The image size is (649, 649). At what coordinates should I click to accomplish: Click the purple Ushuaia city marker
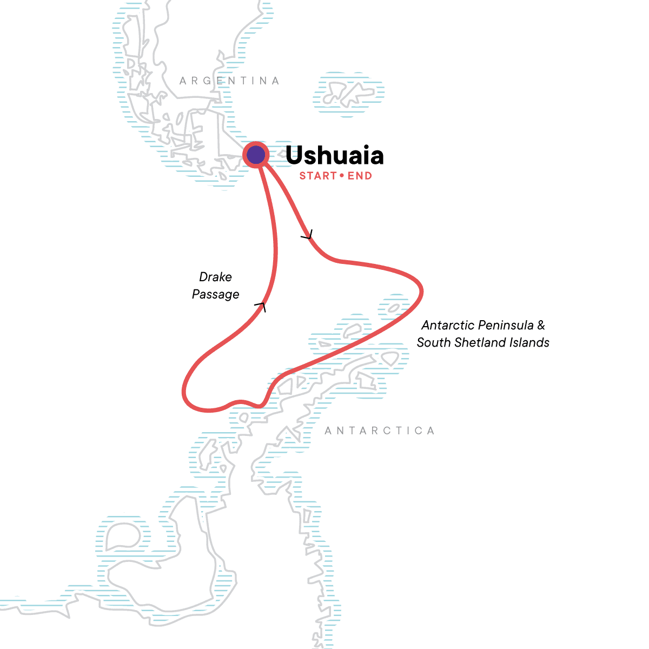pyautogui.click(x=256, y=155)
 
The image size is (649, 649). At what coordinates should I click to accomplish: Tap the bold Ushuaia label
pyautogui.click(x=334, y=156)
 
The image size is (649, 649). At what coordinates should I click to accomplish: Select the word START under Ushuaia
pyautogui.click(x=318, y=176)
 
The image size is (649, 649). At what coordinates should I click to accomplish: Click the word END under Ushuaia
pyautogui.click(x=360, y=176)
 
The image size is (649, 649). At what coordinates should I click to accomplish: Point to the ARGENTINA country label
pyautogui.click(x=229, y=81)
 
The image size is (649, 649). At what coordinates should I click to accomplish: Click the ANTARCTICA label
pyautogui.click(x=380, y=431)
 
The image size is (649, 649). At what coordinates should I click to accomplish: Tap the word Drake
pyautogui.click(x=215, y=277)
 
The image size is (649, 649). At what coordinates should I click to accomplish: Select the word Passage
pyautogui.click(x=215, y=295)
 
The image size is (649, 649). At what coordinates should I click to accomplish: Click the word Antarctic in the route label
pyautogui.click(x=448, y=325)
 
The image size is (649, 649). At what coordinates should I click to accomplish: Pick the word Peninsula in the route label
pyautogui.click(x=506, y=325)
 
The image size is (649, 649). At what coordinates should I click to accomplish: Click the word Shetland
pyautogui.click(x=482, y=342)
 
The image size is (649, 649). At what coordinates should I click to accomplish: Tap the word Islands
pyautogui.click(x=531, y=342)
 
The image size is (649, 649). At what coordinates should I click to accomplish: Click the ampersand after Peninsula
pyautogui.click(x=541, y=325)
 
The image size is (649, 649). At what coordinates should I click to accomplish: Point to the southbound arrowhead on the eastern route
pyautogui.click(x=308, y=236)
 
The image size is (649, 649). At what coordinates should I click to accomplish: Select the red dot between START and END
pyautogui.click(x=342, y=176)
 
